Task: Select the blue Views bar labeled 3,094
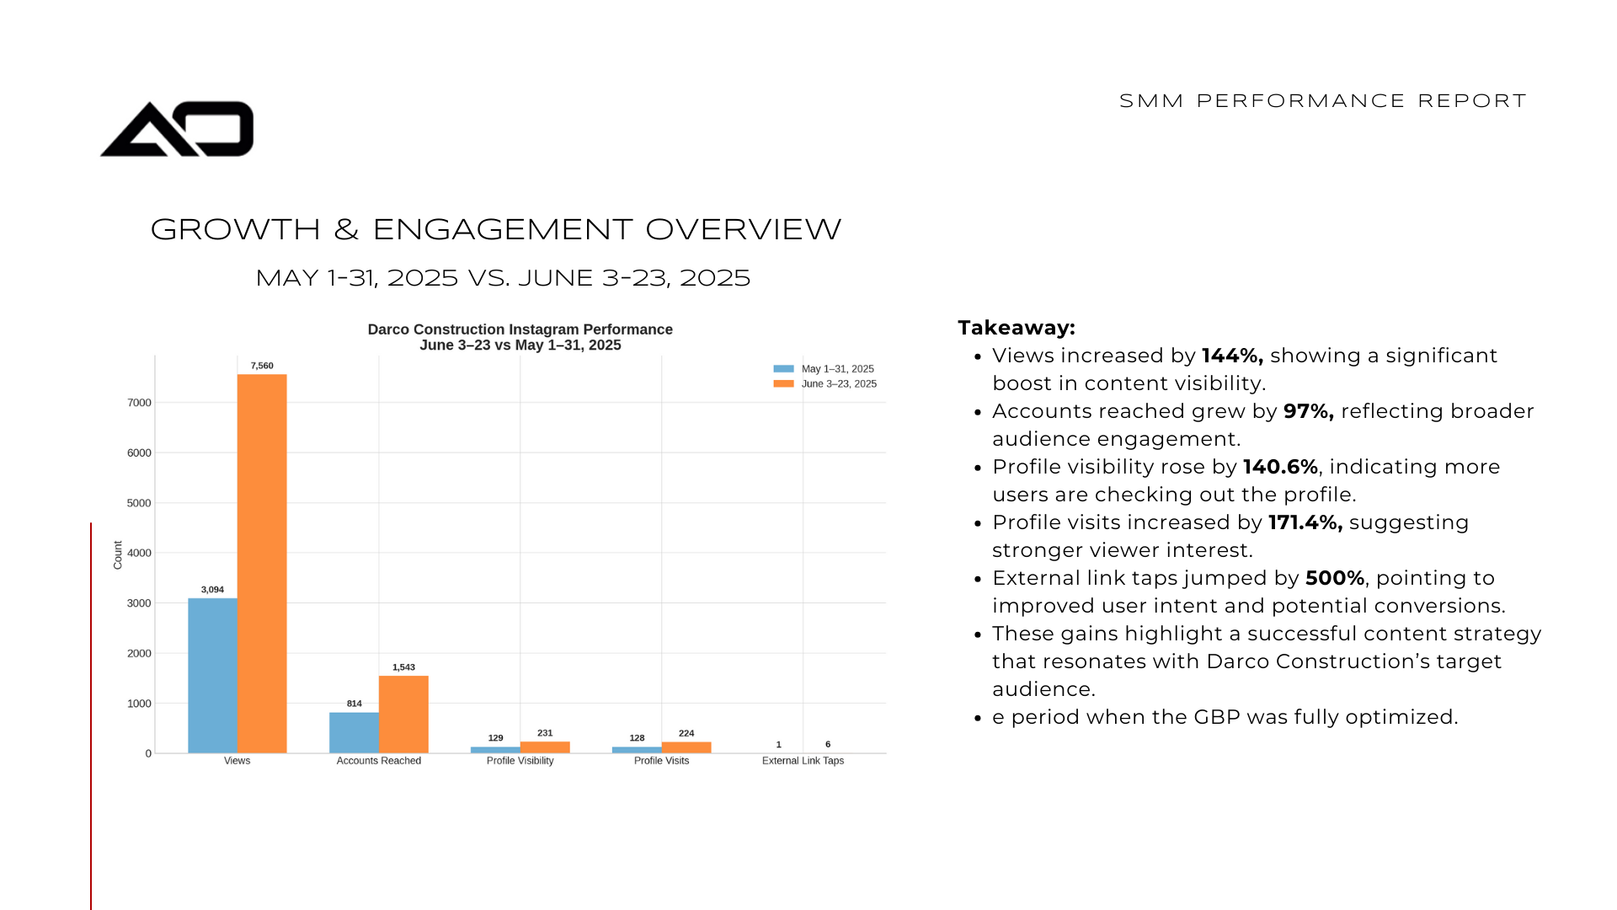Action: click(212, 675)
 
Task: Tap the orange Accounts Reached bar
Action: click(403, 714)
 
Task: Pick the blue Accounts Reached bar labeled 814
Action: click(354, 732)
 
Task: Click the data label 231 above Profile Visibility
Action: click(545, 733)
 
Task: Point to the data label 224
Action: click(686, 733)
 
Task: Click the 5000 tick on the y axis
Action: click(139, 503)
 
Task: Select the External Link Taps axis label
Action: click(803, 761)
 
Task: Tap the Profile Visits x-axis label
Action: click(661, 761)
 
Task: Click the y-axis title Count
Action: click(118, 555)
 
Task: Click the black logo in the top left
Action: click(177, 129)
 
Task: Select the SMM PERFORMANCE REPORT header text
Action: click(1322, 101)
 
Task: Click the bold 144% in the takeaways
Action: click(1231, 356)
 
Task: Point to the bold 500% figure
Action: click(1334, 578)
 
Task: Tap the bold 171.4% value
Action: click(1305, 522)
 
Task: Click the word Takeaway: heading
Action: click(1017, 328)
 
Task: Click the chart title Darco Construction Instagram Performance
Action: click(520, 329)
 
